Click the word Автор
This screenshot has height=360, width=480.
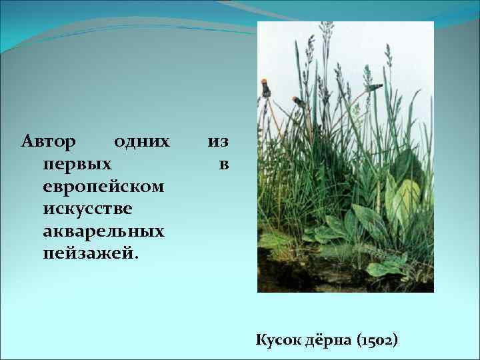49,141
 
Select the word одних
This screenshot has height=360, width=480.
141,141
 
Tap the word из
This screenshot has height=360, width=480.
218,141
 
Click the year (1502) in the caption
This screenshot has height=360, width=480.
377,340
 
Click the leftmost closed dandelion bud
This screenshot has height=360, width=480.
265,87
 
